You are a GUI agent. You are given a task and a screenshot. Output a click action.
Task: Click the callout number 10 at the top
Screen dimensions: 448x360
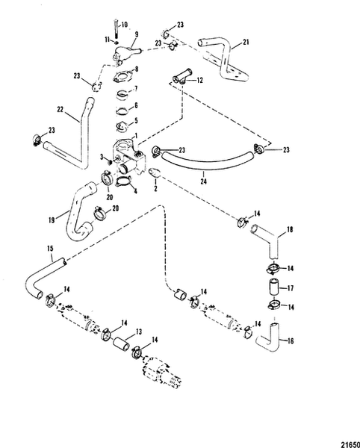125,25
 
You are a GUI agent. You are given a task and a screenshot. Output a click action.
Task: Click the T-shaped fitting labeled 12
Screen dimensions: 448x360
181,75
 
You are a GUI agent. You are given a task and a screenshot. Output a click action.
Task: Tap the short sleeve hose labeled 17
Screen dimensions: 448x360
273,287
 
